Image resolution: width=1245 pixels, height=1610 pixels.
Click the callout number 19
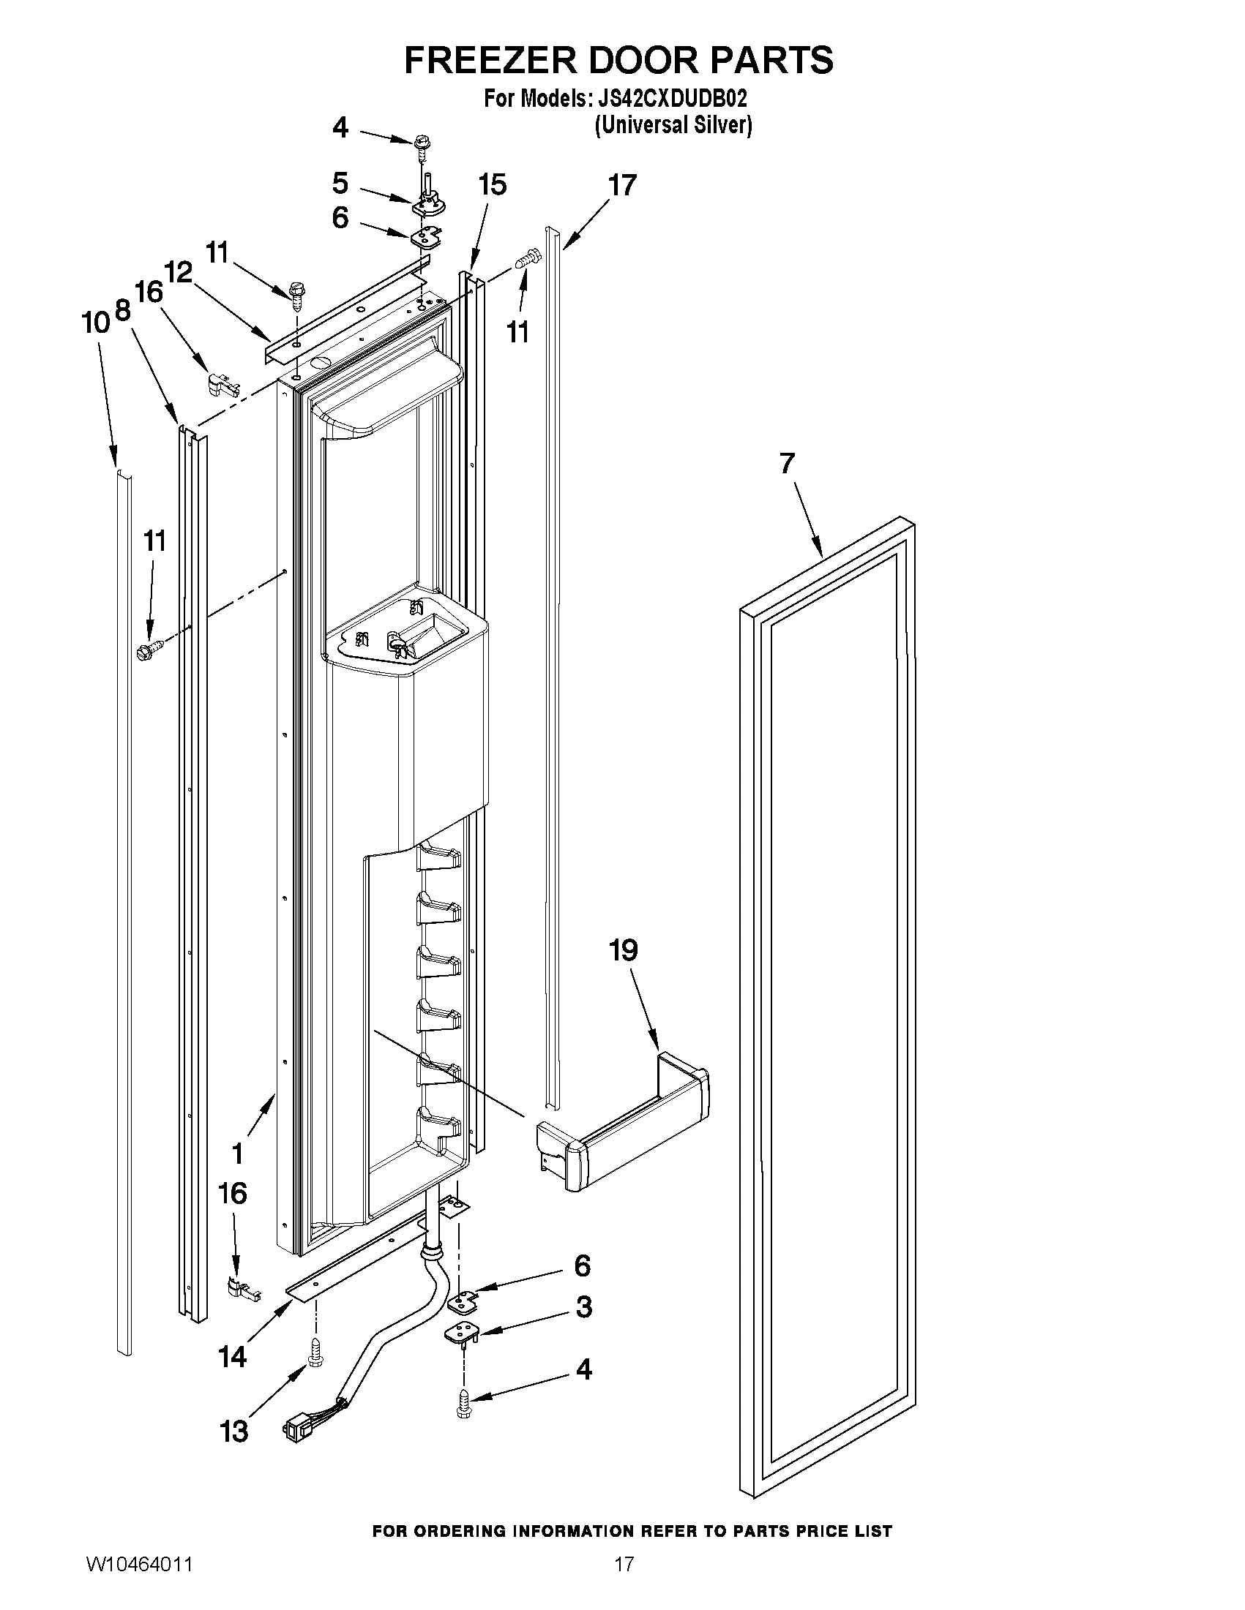[624, 950]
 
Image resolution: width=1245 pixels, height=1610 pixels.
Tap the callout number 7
[787, 464]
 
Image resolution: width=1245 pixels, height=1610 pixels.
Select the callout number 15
[492, 184]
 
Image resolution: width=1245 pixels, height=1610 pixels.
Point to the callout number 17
[621, 185]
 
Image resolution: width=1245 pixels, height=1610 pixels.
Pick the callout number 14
[232, 1355]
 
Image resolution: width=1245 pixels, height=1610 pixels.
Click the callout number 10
[95, 322]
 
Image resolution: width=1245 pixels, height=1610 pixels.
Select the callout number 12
[178, 273]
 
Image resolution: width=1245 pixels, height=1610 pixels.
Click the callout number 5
[340, 182]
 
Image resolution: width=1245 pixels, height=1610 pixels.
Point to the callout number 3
[583, 1307]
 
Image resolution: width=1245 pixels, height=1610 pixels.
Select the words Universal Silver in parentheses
[673, 125]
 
